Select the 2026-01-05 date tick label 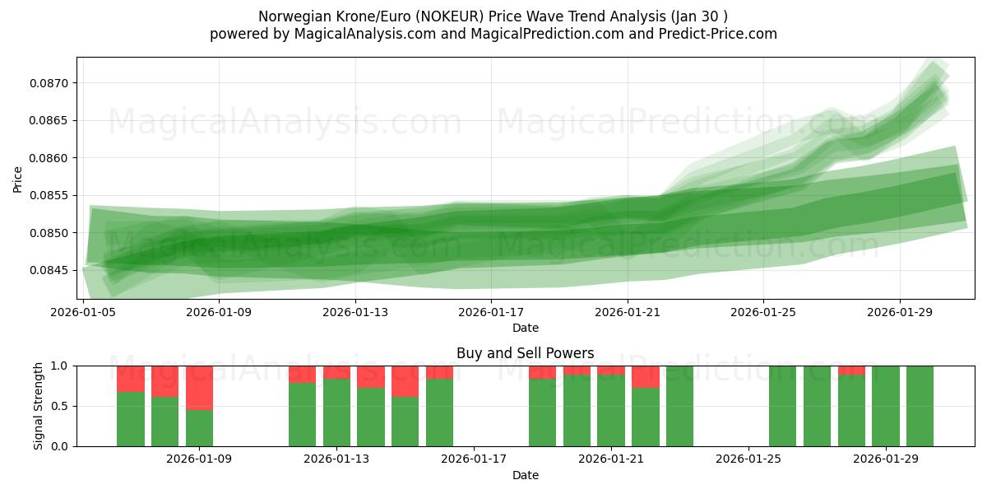[x=84, y=312]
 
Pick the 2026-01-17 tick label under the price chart [x=491, y=312]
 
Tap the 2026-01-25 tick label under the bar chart [x=748, y=459]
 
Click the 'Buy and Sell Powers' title [x=525, y=353]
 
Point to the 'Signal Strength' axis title [x=39, y=406]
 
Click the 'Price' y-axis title [x=18, y=179]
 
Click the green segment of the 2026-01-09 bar [x=200, y=428]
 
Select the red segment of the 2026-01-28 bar [x=851, y=370]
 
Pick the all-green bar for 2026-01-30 [x=920, y=406]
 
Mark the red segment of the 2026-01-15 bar [x=405, y=381]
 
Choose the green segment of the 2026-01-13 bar [x=336, y=412]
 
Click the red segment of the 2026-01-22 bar [x=646, y=376]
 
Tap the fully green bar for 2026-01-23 [x=680, y=406]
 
